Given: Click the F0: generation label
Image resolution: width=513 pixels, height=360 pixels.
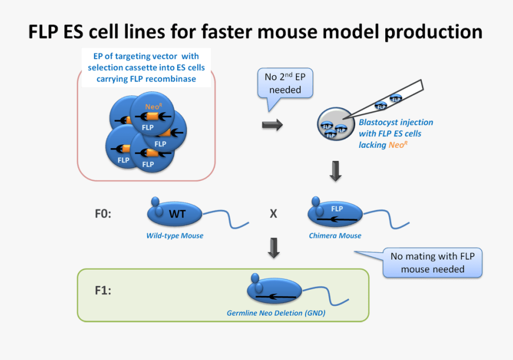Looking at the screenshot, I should [x=103, y=214].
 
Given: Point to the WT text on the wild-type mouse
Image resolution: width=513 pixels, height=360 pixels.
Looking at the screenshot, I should [x=177, y=215].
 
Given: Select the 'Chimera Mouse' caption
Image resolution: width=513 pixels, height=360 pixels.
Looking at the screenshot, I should [x=335, y=236].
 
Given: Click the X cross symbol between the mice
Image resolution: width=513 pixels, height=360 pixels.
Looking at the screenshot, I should [x=273, y=214].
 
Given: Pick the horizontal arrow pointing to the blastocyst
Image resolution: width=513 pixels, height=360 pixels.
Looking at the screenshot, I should [x=272, y=126].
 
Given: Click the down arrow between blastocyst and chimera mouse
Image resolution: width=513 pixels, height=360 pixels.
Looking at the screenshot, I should [x=336, y=171].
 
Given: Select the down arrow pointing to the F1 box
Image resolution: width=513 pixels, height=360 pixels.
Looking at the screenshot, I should [x=274, y=247].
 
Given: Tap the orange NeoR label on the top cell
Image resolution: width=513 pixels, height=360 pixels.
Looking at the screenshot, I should [x=153, y=107].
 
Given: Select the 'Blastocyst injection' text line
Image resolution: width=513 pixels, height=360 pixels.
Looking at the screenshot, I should [x=396, y=122].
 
